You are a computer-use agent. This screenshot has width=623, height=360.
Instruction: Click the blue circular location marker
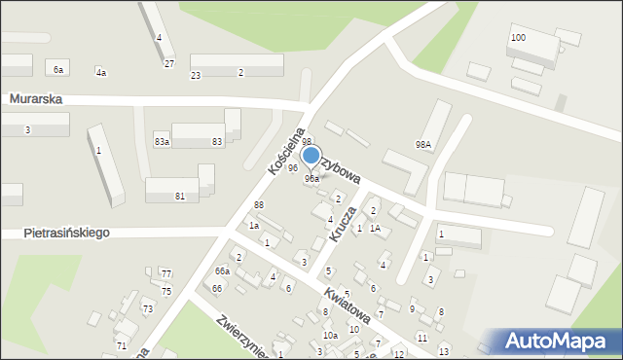[311, 156]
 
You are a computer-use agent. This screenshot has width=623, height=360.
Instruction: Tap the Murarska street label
[36, 99]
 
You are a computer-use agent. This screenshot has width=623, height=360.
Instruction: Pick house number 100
[518, 37]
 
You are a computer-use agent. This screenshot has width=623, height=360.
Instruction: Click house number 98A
[422, 144]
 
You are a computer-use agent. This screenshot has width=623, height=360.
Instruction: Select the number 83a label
[162, 142]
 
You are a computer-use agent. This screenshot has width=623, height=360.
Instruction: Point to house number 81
[180, 197]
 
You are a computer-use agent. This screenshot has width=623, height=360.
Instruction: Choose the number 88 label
[258, 204]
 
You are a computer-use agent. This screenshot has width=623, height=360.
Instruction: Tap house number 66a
[223, 270]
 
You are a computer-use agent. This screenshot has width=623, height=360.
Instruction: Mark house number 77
[166, 274]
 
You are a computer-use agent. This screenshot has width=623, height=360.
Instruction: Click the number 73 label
[148, 308]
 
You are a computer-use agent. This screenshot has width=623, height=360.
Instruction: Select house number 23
[196, 75]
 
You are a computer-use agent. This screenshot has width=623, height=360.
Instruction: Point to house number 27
[168, 64]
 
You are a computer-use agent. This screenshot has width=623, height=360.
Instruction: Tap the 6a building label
[58, 69]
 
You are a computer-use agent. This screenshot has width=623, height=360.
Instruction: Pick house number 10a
[330, 336]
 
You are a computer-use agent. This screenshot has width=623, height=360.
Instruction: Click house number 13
[444, 350]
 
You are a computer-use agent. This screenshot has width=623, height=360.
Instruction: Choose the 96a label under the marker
[311, 179]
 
